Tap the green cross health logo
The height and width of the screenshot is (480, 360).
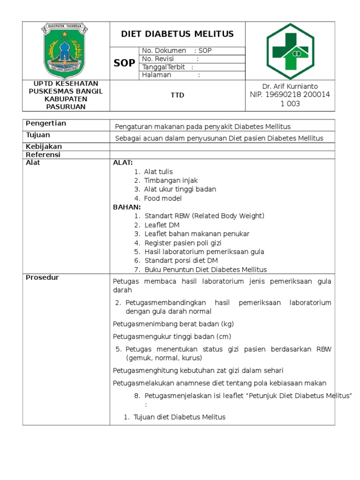point(291,52)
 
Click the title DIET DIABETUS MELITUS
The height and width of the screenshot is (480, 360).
point(177,34)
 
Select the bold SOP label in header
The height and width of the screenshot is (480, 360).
point(124,63)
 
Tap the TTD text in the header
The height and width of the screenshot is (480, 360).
point(177,95)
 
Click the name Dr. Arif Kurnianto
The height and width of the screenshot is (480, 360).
point(290,86)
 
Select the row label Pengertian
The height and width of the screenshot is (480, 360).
point(46,123)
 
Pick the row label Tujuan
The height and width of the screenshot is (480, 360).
point(38,135)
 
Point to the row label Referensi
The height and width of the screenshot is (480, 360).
point(43,155)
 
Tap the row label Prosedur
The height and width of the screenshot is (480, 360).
point(42,277)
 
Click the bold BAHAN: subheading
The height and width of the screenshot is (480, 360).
point(127,207)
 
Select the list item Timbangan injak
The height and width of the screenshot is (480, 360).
point(171,180)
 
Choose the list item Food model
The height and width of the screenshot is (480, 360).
point(163,198)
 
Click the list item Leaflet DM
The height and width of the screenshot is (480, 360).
point(162,225)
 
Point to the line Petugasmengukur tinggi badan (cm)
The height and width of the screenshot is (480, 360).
point(172,337)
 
